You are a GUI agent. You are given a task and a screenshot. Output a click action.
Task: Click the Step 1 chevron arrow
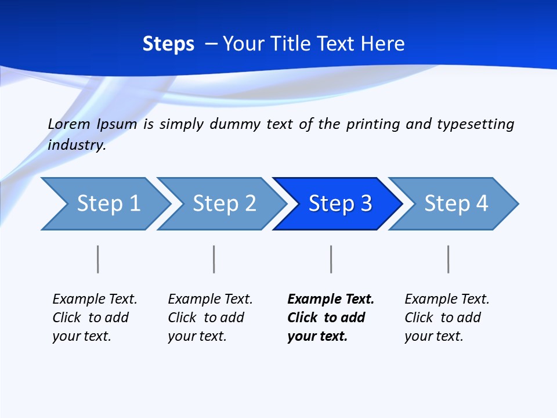click(107, 204)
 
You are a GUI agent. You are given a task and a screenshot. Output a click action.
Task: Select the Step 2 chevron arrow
click(223, 204)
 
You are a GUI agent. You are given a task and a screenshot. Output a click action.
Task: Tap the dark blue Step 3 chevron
click(339, 204)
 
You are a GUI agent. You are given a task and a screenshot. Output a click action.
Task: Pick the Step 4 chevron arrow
click(455, 204)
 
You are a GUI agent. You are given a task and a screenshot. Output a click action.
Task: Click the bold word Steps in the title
click(168, 44)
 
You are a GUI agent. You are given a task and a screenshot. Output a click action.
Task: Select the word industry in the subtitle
click(77, 145)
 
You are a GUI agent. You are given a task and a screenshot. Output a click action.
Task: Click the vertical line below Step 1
click(98, 259)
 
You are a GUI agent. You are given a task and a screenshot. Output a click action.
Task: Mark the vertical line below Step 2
click(214, 259)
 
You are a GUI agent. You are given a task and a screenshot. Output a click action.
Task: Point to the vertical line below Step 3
click(331, 259)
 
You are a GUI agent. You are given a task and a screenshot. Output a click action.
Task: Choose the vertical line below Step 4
click(448, 259)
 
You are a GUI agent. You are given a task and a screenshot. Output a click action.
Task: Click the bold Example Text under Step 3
click(331, 299)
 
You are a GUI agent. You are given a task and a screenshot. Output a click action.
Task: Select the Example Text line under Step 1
click(95, 299)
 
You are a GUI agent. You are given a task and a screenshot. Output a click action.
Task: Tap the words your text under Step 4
click(433, 336)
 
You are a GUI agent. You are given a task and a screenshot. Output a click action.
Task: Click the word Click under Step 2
click(182, 318)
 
